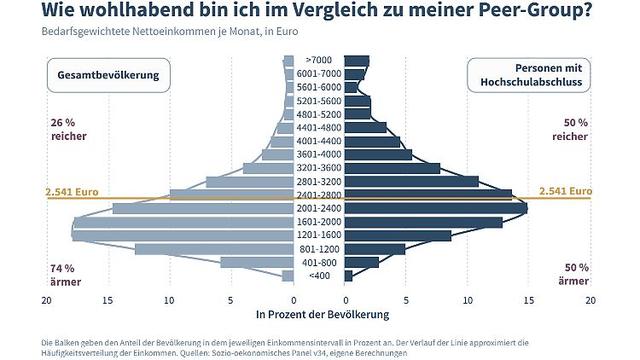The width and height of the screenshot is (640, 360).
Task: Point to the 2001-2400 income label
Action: coord(320,208)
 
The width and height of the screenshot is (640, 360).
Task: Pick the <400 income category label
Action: coord(320,275)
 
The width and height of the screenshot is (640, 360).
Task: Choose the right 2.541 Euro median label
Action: coord(564,190)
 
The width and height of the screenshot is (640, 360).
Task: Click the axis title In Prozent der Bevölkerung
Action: coord(320,315)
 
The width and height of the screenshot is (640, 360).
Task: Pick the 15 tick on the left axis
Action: coord(108,299)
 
